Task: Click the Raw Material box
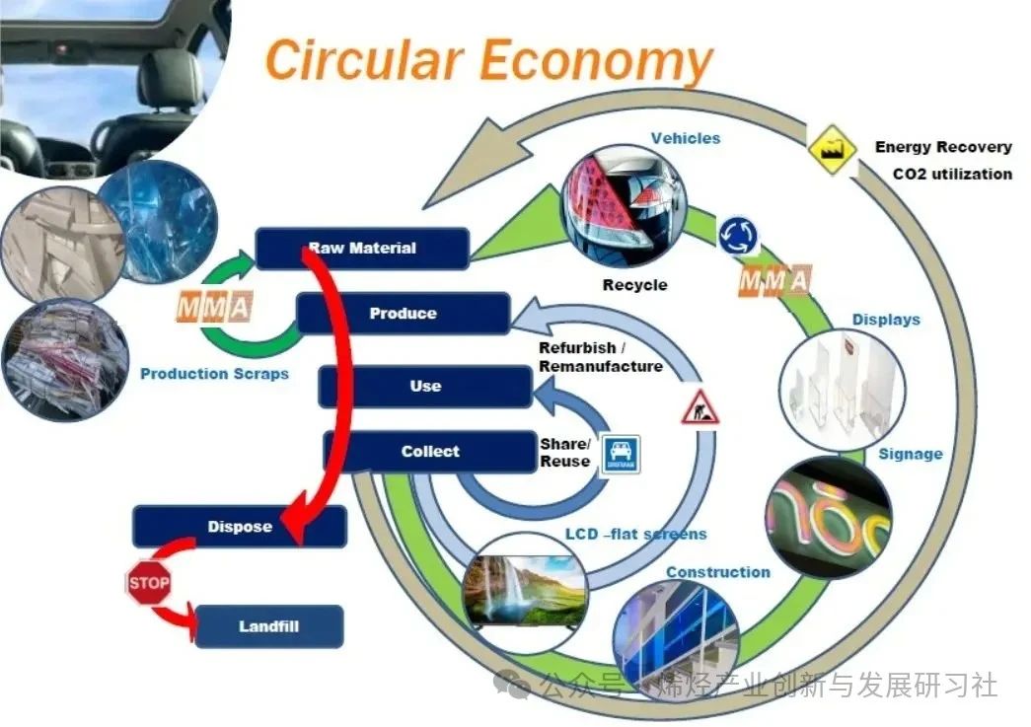click(362, 248)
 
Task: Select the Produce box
click(403, 314)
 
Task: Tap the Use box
click(425, 386)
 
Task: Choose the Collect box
click(430, 451)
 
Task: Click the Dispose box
click(240, 527)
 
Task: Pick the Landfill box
click(268, 626)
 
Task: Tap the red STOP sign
click(148, 583)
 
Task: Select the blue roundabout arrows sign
click(738, 236)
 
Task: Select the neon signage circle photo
click(828, 517)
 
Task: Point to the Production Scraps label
click(214, 374)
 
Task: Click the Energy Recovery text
click(942, 147)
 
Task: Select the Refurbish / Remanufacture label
click(600, 357)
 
